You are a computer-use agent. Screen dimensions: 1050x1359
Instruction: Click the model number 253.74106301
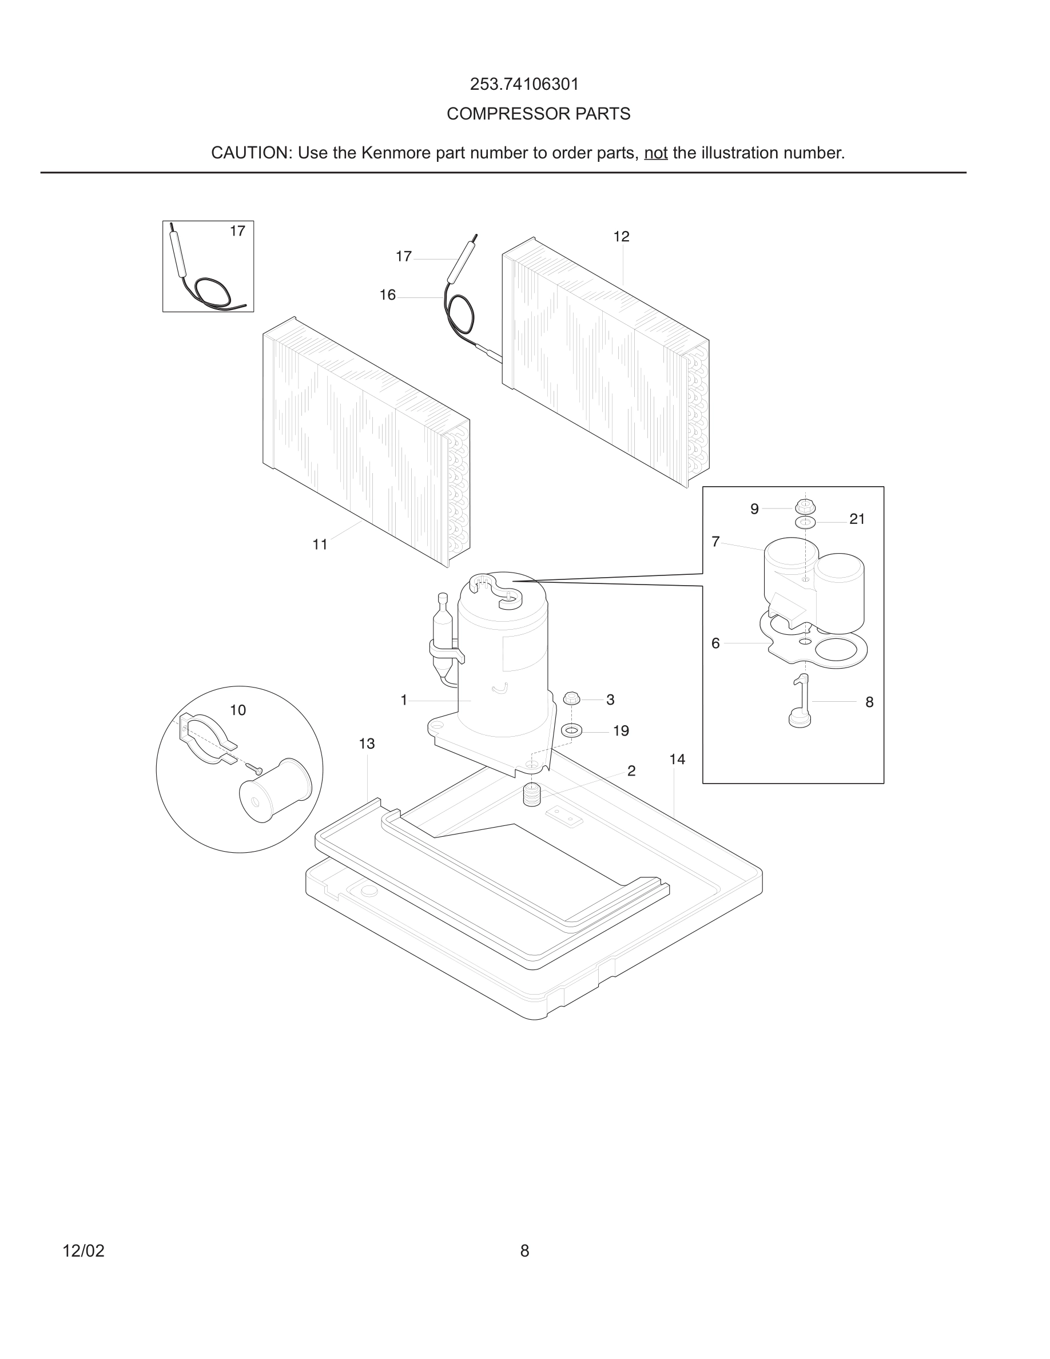(524, 84)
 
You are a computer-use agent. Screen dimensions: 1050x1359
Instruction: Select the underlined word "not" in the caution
(655, 153)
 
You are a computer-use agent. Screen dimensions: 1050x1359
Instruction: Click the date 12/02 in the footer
(83, 1251)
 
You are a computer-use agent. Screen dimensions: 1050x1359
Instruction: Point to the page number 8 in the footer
(524, 1251)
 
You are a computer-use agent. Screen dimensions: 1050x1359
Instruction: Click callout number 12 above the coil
(621, 237)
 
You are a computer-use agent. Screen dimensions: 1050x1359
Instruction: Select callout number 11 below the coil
(320, 545)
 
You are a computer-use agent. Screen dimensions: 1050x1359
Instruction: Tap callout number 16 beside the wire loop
(388, 296)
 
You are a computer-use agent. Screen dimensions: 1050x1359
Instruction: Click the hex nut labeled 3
(571, 699)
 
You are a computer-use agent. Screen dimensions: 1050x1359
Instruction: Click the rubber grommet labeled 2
(532, 795)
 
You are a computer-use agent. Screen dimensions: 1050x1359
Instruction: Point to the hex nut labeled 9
(804, 507)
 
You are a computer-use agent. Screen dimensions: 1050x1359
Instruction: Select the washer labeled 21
(805, 522)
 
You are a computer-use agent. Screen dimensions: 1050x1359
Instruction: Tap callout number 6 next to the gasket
(715, 643)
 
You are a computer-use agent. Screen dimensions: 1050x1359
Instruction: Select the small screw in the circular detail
(255, 769)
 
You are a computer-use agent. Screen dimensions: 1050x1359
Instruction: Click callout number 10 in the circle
(237, 710)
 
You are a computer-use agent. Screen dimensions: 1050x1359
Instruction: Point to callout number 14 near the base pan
(677, 760)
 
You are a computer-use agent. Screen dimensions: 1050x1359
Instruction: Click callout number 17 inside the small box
(237, 232)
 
